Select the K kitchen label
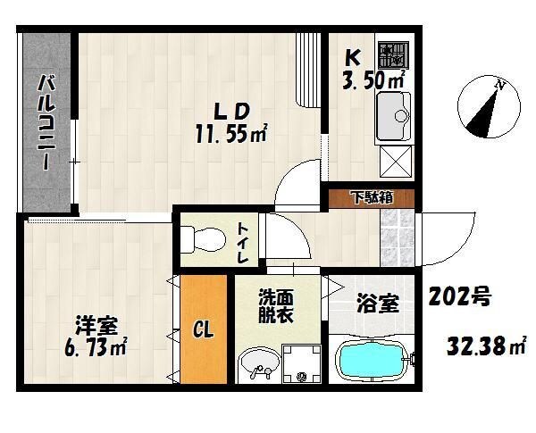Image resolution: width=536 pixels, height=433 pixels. [x=353, y=58]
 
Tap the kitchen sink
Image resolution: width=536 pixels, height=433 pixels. [x=393, y=117]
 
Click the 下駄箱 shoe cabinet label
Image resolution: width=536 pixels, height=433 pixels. [x=369, y=197]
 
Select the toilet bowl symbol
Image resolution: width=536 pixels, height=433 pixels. [x=202, y=237]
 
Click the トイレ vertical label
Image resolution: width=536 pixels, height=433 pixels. [x=243, y=240]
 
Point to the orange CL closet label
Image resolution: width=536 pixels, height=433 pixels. [x=203, y=331]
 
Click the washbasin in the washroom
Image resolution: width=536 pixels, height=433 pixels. [x=259, y=365]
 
